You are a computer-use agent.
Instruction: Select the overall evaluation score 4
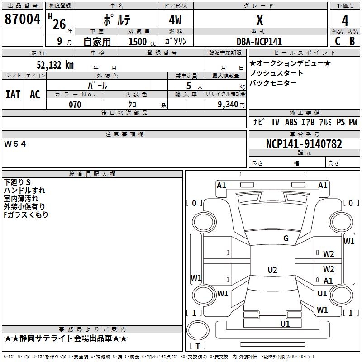pyautogui.click(x=345, y=20)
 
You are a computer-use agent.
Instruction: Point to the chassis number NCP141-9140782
pyautogui.click(x=304, y=144)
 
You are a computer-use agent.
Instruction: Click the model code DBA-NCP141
pyautogui.click(x=259, y=42)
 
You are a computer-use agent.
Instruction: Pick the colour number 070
pyautogui.click(x=75, y=105)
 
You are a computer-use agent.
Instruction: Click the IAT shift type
pyautogui.click(x=13, y=95)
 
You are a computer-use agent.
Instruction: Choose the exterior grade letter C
pyautogui.click(x=337, y=41)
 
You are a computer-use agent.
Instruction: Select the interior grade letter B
pyautogui.click(x=352, y=41)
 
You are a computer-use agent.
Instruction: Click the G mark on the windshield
pyautogui.click(x=286, y=238)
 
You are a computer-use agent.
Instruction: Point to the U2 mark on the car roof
pyautogui.click(x=272, y=270)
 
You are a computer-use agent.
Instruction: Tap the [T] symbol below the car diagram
pyautogui.click(x=198, y=346)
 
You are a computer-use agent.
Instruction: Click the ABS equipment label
pyautogui.click(x=291, y=122)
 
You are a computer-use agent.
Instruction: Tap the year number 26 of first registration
pyautogui.click(x=59, y=24)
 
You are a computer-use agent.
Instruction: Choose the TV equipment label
pyautogui.click(x=275, y=122)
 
